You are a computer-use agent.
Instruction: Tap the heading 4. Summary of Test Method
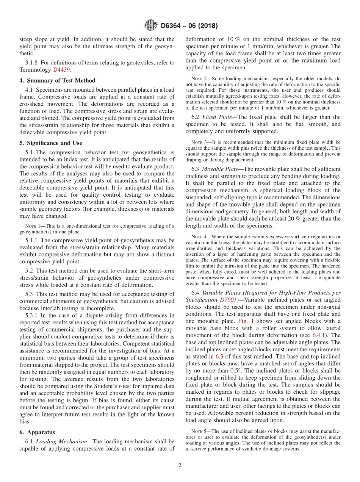(x=57, y=80)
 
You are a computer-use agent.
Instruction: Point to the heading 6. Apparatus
(x=37, y=432)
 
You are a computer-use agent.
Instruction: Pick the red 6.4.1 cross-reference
(x=319, y=335)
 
